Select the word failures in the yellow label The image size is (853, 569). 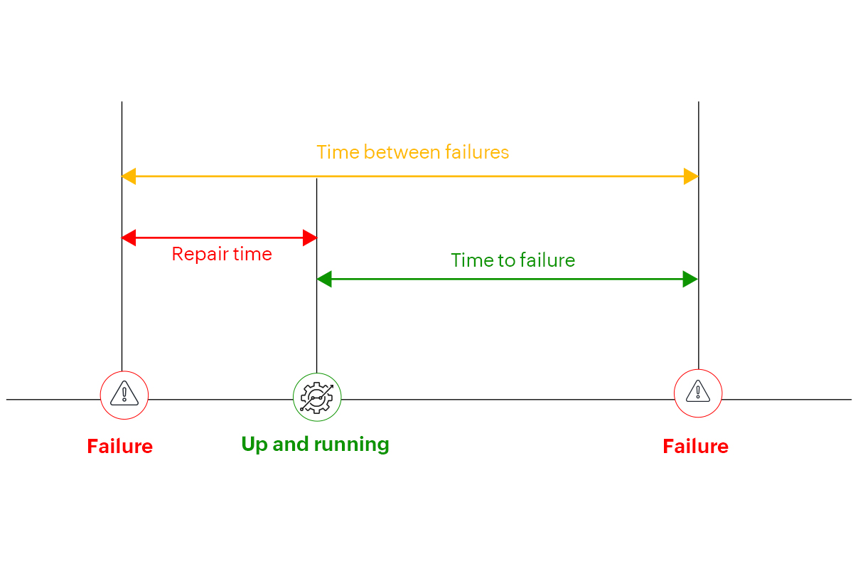coord(477,152)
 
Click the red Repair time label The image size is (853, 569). coord(222,254)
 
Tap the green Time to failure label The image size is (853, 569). coord(513,260)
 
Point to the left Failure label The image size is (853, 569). coord(119,447)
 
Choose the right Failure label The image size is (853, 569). coord(695,447)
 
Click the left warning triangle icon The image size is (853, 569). coord(124,393)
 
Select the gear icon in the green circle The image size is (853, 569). coord(317,397)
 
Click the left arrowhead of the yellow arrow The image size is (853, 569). coord(129,176)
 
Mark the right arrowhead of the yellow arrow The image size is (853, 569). coord(691,176)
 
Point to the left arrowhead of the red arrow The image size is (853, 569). coord(129,238)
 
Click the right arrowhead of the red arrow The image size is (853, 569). coord(310,238)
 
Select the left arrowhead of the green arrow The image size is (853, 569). coord(324,280)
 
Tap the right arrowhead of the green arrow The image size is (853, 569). coord(691,280)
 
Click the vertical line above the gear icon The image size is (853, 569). coord(316,327)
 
